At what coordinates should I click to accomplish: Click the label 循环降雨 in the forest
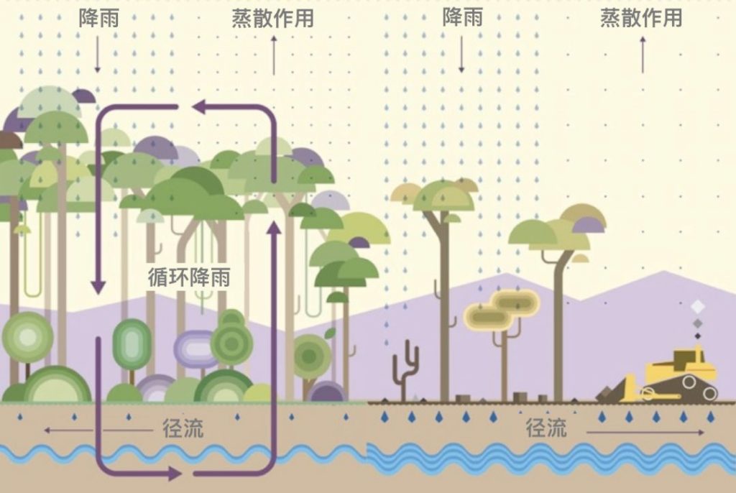coord(189,277)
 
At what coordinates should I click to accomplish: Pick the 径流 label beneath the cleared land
coord(546,428)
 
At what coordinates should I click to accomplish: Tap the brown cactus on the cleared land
coord(405,367)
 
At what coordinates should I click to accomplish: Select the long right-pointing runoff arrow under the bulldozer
coord(645,433)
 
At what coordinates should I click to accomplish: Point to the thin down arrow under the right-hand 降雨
coord(461,54)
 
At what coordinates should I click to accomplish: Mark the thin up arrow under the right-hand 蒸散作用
coord(643,54)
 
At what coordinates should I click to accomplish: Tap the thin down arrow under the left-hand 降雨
coord(98,54)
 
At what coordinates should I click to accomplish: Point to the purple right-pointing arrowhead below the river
coord(172,474)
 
